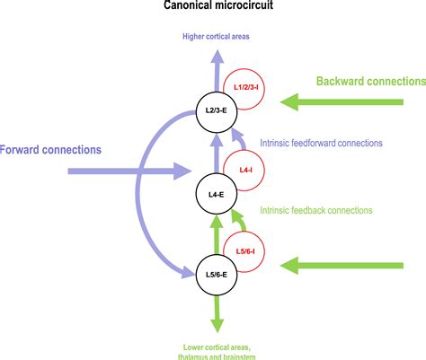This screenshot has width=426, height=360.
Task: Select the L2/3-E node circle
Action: (216, 112)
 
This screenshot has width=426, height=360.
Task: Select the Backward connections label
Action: (370, 81)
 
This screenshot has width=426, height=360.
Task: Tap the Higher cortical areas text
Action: (216, 37)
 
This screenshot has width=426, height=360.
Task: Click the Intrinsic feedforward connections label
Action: (321, 143)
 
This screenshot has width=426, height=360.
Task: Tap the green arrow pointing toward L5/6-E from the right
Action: (333, 265)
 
